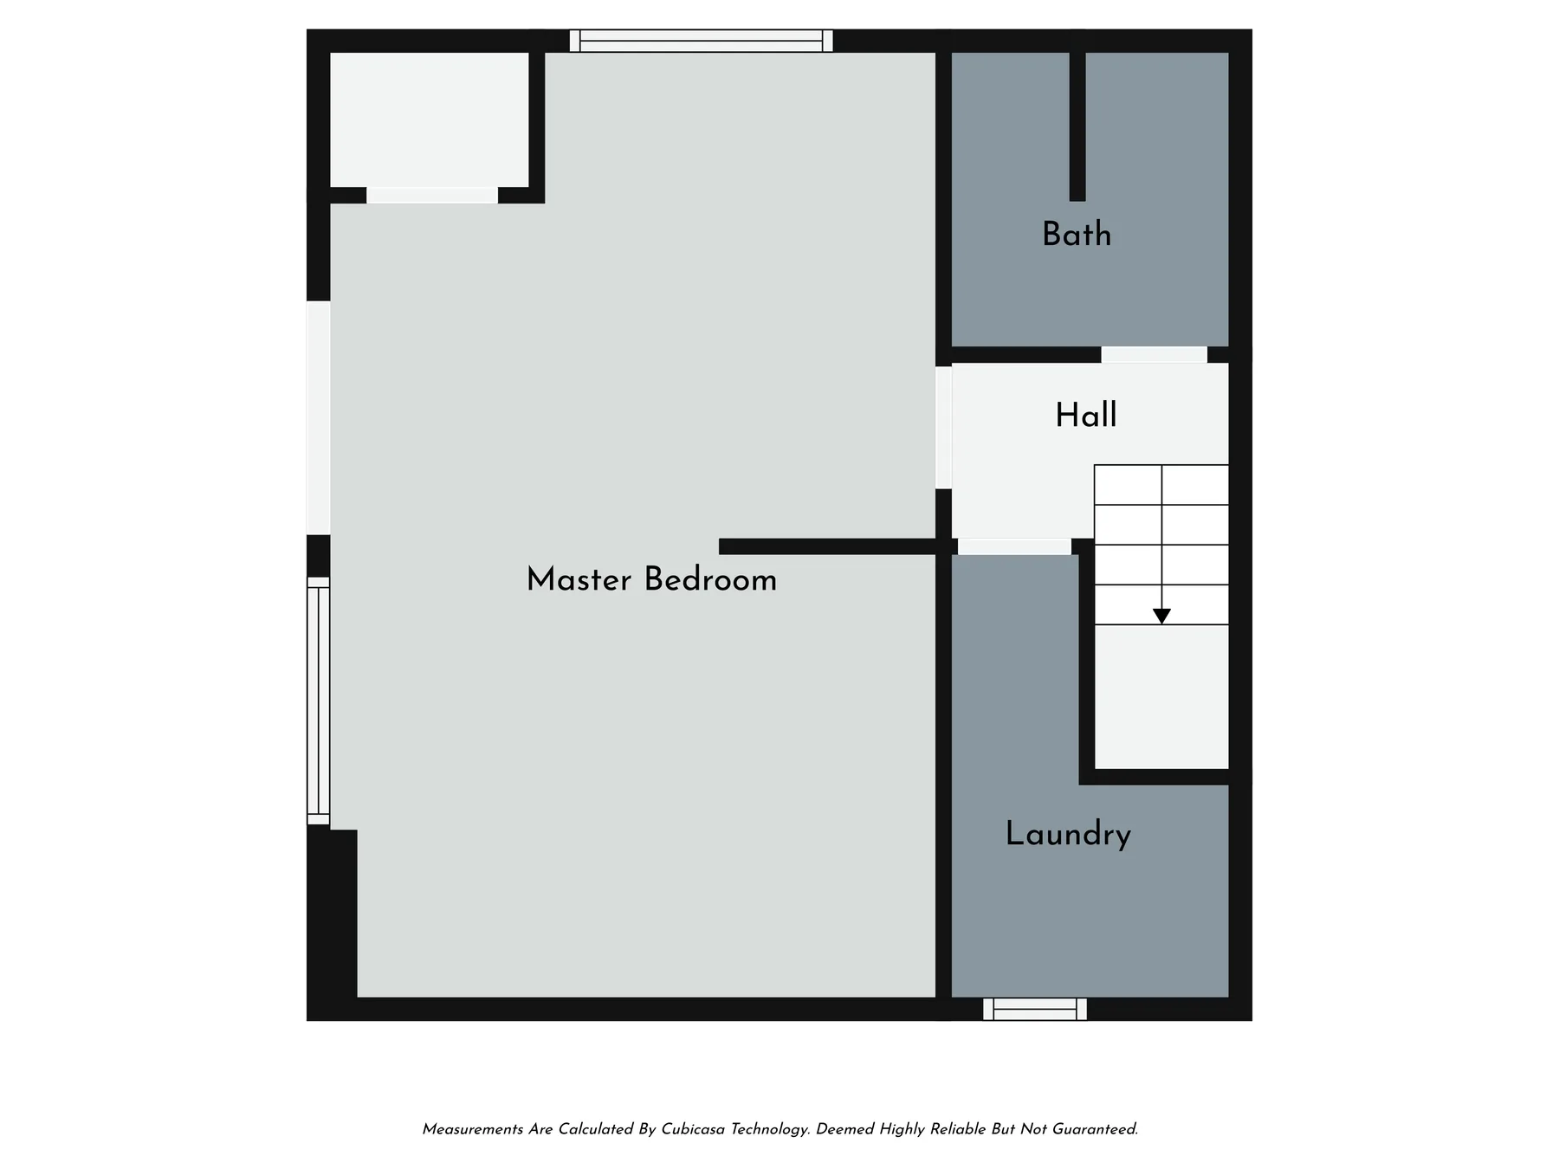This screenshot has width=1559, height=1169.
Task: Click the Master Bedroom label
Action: (x=651, y=579)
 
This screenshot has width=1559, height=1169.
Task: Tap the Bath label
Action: (x=1077, y=234)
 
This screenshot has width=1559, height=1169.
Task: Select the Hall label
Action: (x=1086, y=415)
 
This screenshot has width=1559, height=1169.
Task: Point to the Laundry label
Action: (x=1068, y=834)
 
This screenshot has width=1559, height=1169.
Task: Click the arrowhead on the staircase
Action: (x=1161, y=616)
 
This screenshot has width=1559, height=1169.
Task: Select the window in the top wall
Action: (x=702, y=41)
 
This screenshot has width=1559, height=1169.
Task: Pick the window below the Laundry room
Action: (x=1035, y=1009)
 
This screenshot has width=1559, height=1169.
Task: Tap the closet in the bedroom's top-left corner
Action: (x=430, y=119)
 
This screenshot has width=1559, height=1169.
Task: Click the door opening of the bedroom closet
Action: (x=432, y=195)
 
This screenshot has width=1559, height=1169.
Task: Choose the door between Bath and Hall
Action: (x=1154, y=355)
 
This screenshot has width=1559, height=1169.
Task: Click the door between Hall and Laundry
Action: (x=1014, y=546)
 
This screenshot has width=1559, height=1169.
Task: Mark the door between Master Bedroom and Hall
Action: (x=943, y=428)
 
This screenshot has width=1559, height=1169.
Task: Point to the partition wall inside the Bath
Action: (x=1077, y=126)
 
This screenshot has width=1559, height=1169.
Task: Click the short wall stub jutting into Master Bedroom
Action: (x=827, y=546)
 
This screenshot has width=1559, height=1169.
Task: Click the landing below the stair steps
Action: (x=1161, y=696)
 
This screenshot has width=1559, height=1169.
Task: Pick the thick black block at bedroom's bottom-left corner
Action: (x=332, y=914)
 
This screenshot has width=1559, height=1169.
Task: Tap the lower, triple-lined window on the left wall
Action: (x=319, y=701)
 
